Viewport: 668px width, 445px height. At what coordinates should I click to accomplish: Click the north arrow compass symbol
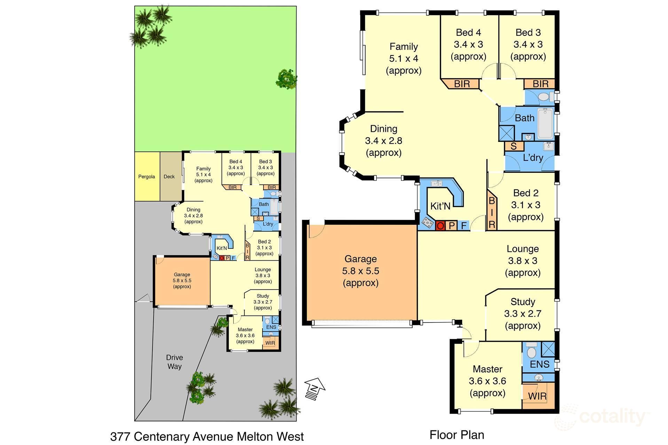click(x=315, y=389)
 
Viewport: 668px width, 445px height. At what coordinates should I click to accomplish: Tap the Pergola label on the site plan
click(x=147, y=177)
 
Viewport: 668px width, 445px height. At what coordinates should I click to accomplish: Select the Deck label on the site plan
click(x=169, y=177)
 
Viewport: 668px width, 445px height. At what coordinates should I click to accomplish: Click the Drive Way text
click(x=174, y=362)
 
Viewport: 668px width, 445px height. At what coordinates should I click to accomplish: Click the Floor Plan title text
click(x=457, y=435)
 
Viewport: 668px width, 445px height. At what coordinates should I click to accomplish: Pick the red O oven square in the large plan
click(x=440, y=226)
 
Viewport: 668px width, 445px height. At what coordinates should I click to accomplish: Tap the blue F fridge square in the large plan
click(x=464, y=225)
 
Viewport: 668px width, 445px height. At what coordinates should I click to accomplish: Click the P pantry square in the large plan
click(x=452, y=225)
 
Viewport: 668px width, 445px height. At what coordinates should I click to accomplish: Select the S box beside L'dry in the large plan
click(x=514, y=146)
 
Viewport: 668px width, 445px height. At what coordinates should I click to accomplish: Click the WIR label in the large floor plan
click(x=537, y=396)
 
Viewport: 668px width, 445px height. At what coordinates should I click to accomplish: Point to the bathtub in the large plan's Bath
click(x=545, y=124)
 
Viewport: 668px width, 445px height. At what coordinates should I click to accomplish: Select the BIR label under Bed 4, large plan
click(x=462, y=84)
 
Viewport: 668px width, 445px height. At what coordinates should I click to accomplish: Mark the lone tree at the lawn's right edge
click(x=286, y=79)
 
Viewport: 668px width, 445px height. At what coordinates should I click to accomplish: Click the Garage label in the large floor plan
click(x=361, y=259)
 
